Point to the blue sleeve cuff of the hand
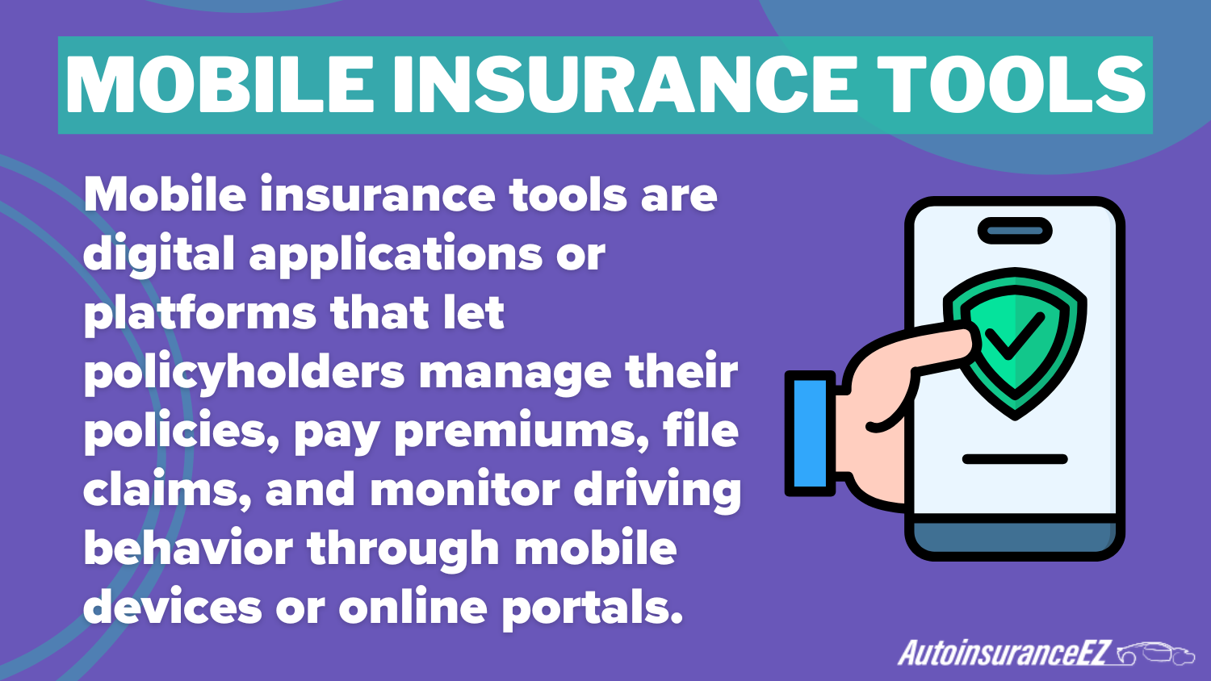point(810,433)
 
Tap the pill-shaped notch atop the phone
point(1015,231)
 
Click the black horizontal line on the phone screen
point(1015,459)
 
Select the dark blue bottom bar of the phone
point(1015,536)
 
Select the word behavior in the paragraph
point(188,549)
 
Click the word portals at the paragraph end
point(592,608)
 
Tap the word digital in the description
point(158,255)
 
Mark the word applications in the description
point(396,255)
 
